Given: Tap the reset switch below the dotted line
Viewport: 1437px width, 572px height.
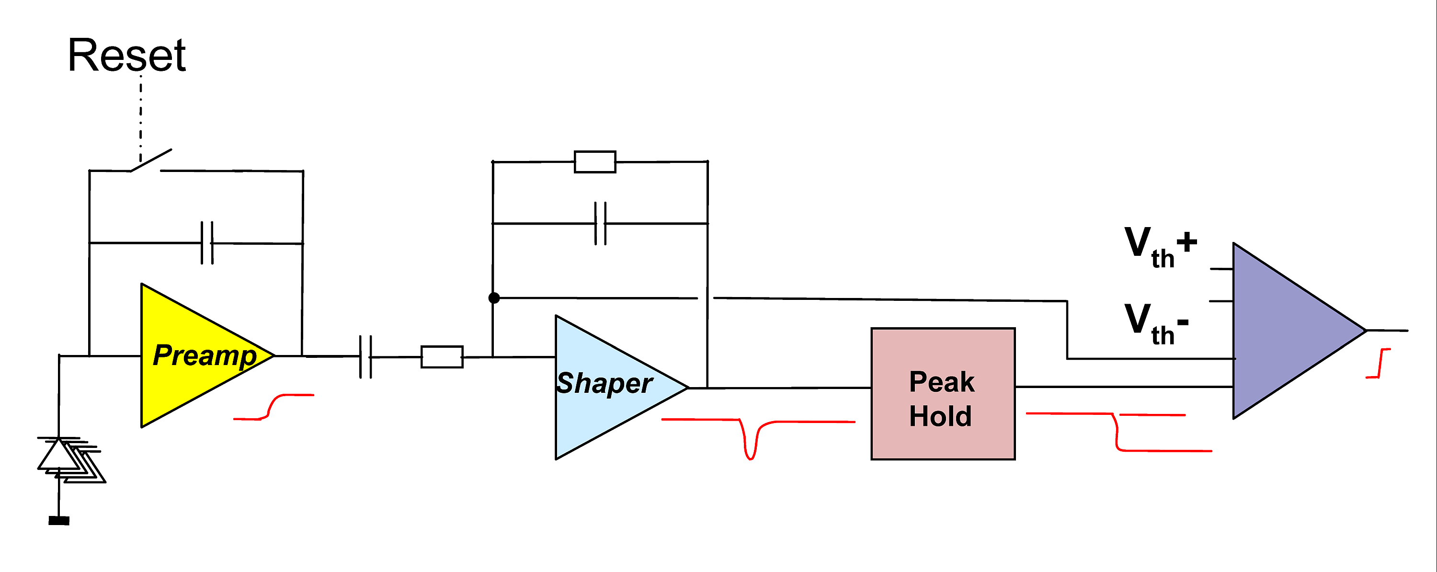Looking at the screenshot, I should pyautogui.click(x=150, y=160).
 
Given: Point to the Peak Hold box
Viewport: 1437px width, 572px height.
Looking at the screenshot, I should pyautogui.click(x=942, y=394).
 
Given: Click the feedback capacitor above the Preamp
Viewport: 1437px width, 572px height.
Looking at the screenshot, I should pyautogui.click(x=207, y=243).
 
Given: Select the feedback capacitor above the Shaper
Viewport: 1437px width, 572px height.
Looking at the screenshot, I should pyautogui.click(x=600, y=223).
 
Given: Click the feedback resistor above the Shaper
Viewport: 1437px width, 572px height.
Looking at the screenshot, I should pyautogui.click(x=594, y=162).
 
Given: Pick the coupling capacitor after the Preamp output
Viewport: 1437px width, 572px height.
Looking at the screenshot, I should pyautogui.click(x=366, y=356).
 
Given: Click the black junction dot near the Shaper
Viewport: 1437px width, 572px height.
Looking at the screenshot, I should pyautogui.click(x=494, y=298).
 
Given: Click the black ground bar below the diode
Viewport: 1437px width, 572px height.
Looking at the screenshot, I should pyautogui.click(x=59, y=520).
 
